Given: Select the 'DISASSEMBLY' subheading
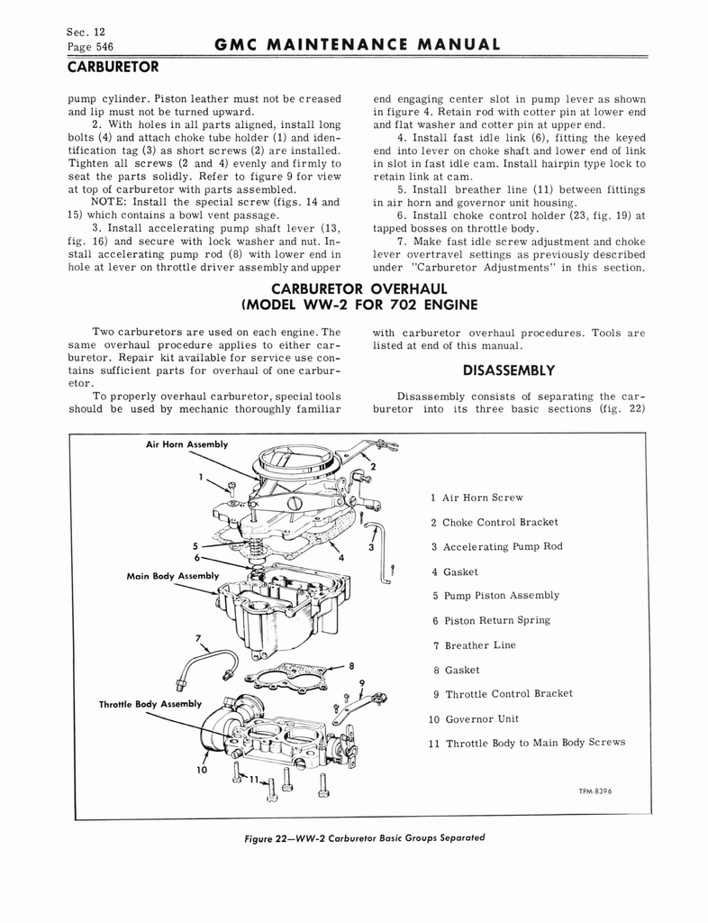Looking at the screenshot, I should coord(509,370).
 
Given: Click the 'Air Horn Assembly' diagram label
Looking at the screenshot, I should coord(186,444).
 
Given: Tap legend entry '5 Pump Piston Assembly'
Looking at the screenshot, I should coord(495,596).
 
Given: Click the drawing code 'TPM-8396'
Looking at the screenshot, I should coord(603,791).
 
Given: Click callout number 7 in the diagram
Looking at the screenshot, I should coord(196,639).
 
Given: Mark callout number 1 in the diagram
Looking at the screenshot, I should coord(202,477).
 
